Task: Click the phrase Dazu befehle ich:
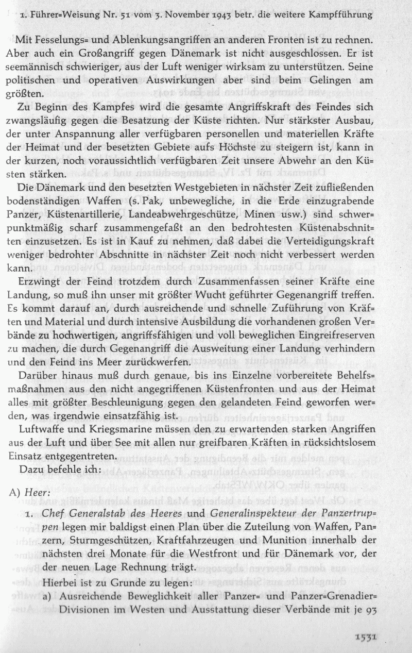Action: pyautogui.click(x=57, y=470)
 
